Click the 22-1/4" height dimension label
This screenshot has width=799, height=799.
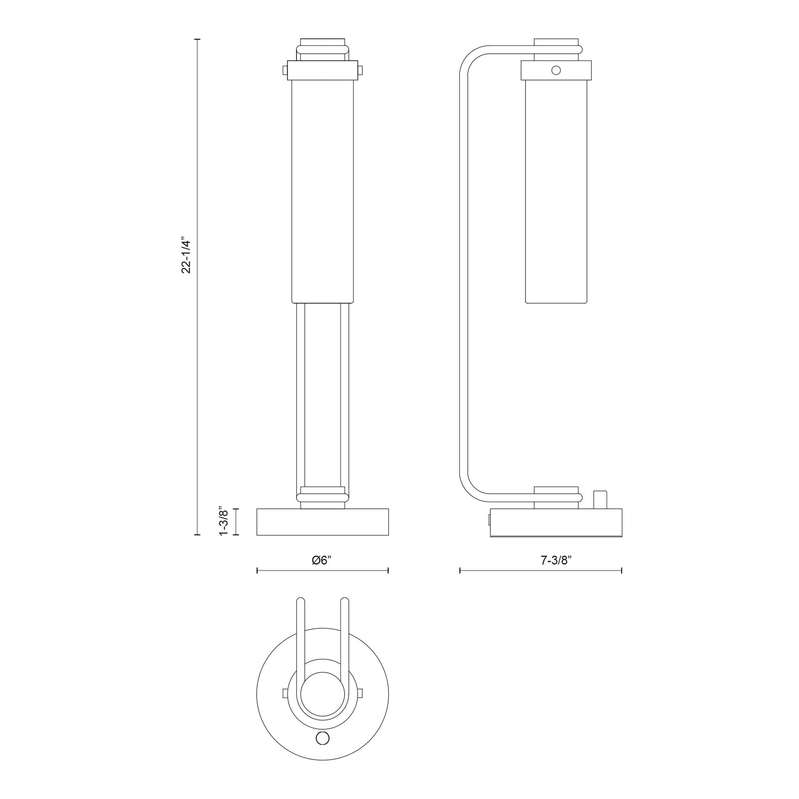coord(187,256)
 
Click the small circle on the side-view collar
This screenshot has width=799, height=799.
coord(556,70)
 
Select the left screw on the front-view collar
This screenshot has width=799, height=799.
coord(284,70)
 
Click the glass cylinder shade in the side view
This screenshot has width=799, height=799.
coord(556,190)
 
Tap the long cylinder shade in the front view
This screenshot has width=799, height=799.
coord(323,190)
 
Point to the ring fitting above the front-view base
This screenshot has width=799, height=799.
coord(323,495)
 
